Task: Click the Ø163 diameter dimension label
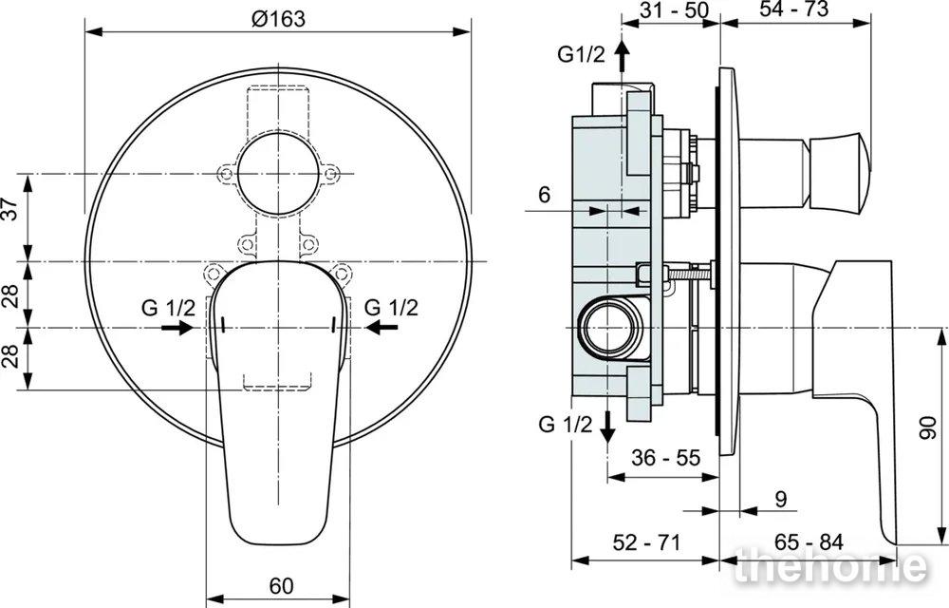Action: pos(278,19)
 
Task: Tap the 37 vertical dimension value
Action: pos(10,209)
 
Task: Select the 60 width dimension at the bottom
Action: pos(282,585)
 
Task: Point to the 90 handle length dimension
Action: pos(928,427)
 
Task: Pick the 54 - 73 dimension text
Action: pos(794,9)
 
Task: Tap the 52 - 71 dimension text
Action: pos(647,542)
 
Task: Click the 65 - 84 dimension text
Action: pos(809,542)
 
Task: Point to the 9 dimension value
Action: pos(781,499)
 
